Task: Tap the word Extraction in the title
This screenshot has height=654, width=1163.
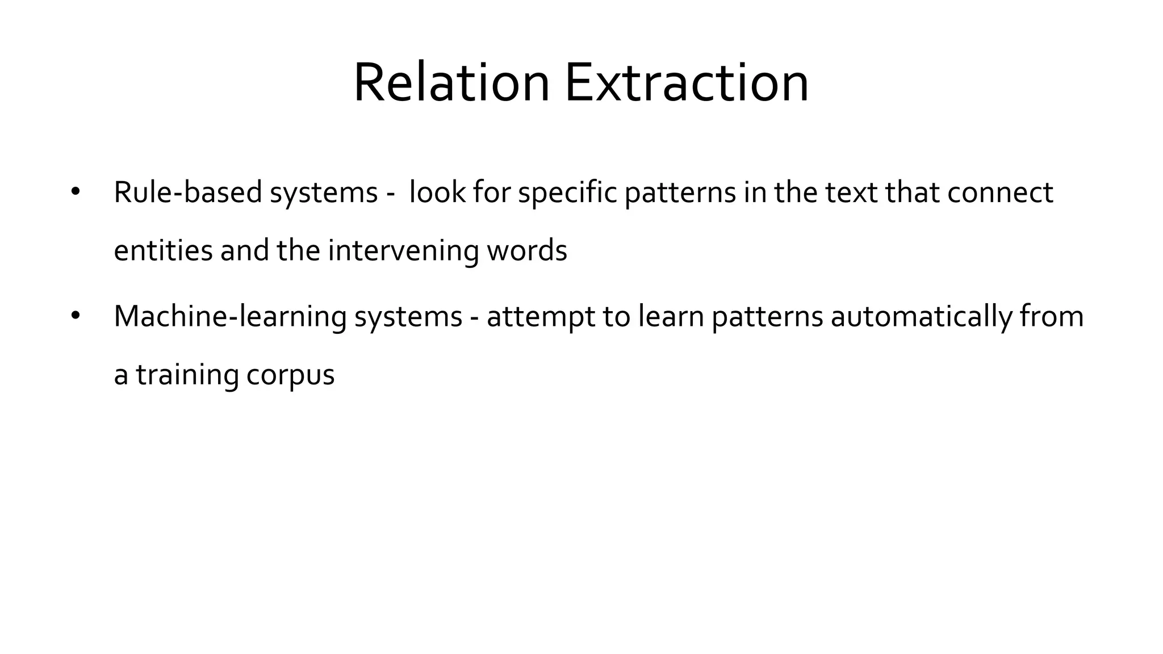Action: (686, 83)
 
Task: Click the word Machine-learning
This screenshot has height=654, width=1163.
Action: (230, 317)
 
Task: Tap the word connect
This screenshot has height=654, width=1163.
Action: (1000, 192)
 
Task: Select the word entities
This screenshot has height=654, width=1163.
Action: (163, 250)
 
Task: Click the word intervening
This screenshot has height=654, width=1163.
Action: (403, 250)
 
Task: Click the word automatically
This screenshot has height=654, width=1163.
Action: (921, 317)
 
